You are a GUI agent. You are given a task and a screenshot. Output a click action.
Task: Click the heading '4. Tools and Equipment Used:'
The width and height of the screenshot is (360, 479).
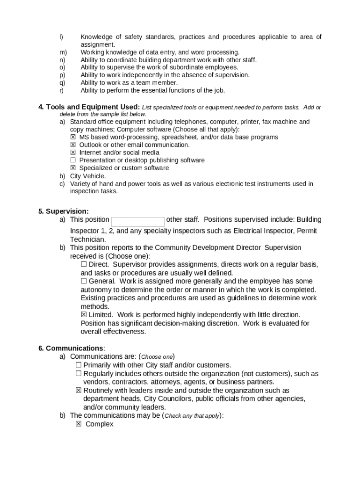[89, 107]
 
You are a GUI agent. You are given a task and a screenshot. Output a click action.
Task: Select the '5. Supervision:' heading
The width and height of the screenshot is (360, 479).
[64, 211]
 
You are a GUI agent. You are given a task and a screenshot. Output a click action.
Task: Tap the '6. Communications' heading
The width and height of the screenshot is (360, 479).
[71, 348]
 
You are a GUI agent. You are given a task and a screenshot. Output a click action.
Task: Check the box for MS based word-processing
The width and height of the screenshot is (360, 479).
[73, 137]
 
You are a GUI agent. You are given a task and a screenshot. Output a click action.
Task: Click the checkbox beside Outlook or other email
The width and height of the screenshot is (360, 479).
[73, 145]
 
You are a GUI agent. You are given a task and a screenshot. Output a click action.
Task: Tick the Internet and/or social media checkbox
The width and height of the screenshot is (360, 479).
[73, 152]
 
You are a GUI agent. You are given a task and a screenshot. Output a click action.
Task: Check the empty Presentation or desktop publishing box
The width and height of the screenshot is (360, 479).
[73, 160]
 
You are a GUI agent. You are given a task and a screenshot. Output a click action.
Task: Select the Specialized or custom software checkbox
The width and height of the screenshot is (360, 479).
[73, 168]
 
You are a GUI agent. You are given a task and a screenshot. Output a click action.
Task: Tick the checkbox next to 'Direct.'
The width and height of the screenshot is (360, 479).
[84, 264]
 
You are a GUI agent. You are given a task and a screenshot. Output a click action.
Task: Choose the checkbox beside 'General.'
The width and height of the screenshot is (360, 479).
[84, 281]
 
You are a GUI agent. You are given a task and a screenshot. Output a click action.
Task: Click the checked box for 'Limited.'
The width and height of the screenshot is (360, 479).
[84, 315]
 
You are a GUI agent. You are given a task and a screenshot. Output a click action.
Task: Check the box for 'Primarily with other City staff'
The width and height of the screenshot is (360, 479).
[79, 365]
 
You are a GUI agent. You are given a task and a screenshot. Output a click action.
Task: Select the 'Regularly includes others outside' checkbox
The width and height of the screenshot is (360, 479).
[79, 374]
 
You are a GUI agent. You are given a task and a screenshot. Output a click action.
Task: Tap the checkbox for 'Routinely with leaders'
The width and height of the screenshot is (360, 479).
[79, 390]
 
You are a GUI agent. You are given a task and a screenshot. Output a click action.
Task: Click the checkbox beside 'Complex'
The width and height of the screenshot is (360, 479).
[79, 424]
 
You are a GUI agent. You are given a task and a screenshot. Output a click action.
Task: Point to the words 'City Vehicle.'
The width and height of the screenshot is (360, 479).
[88, 176]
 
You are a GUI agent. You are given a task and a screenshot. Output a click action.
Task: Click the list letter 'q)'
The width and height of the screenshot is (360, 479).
[62, 83]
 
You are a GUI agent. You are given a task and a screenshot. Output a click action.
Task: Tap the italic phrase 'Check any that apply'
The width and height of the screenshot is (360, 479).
[192, 416]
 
